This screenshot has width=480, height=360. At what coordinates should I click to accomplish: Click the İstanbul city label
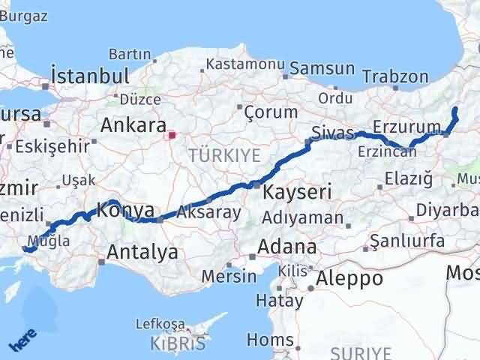click(89, 76)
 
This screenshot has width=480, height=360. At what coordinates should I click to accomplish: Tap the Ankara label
click(133, 124)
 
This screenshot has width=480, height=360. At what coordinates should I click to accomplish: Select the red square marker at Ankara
click(172, 136)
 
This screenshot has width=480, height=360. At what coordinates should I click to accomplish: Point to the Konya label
click(127, 211)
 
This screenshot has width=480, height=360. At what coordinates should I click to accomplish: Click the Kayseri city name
click(297, 192)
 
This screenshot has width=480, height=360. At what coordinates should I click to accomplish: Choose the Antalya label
click(142, 252)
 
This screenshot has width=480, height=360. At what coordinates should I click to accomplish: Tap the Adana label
click(286, 247)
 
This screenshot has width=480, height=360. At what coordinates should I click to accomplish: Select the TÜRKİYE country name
click(225, 156)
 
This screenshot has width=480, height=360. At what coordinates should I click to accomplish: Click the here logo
click(22, 342)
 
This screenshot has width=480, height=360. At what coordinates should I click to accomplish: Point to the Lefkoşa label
click(160, 324)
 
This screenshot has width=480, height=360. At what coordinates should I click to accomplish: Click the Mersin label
click(229, 275)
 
